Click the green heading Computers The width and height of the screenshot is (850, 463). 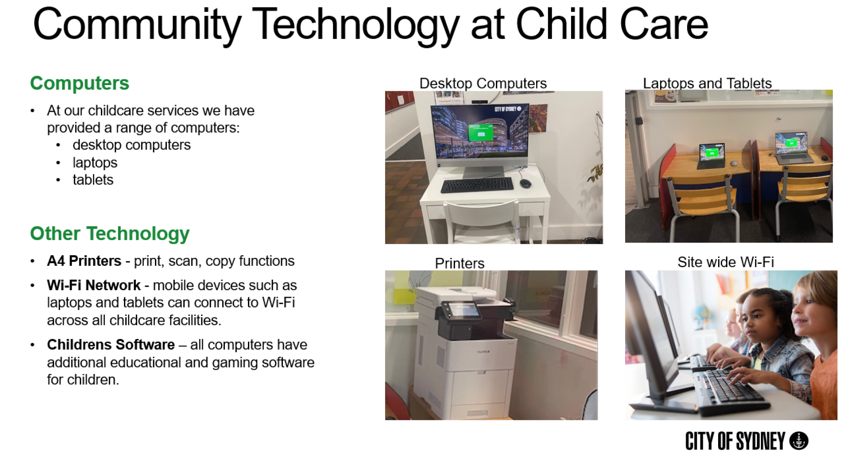coord(80,83)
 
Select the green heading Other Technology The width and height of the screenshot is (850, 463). coord(110,234)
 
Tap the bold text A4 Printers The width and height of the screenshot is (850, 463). coord(84,261)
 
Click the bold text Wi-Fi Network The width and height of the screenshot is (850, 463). coord(94,285)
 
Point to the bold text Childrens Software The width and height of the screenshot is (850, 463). coord(111,345)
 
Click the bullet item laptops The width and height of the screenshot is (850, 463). coord(95,163)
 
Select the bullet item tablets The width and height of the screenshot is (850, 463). coord(93,180)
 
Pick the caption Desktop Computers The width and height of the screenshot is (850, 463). coord(483,83)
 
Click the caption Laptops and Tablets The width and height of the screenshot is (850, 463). coord(707,83)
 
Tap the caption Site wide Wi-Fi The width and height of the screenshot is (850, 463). coord(726,262)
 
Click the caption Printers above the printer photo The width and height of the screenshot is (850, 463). coord(460,263)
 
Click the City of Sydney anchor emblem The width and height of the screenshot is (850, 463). coord(799,441)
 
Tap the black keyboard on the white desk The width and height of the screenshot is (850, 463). coord(477,184)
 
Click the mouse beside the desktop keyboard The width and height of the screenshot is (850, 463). coord(525,183)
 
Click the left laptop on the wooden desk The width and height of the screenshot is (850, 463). coord(711,156)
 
